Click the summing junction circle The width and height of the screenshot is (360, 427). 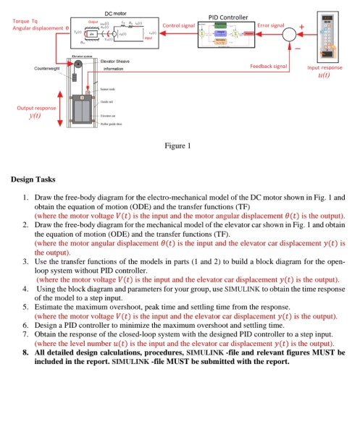289,34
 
